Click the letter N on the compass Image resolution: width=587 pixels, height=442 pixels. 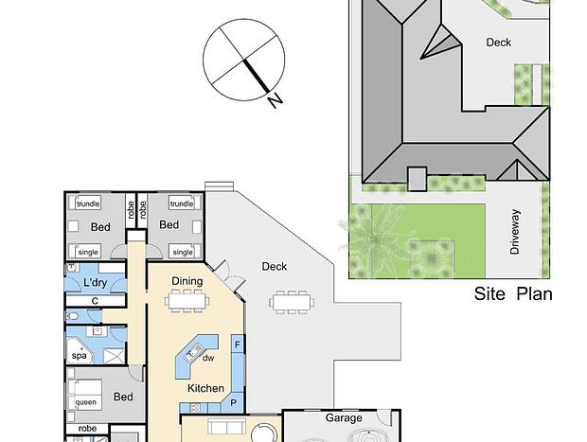pos(275,100)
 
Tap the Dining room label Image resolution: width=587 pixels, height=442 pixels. pos(187,281)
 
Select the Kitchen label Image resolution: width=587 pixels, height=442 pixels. pos(205,388)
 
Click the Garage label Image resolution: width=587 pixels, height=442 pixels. pos(344,417)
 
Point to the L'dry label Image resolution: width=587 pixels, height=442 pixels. pos(95,283)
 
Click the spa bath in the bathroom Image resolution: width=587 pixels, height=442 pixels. pos(80,351)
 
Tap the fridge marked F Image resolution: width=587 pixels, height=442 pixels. pos(238,345)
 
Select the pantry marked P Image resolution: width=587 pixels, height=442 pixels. pos(234,402)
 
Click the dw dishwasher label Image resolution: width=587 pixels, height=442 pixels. pos(208,358)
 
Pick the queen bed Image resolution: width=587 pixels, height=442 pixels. pos(84,395)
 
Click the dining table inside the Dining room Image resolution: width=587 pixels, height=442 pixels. pos(187,300)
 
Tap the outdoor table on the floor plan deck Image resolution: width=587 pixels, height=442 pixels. pos(292,302)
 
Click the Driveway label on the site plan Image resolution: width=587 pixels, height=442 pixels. pos(515,232)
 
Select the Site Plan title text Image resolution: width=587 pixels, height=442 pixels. pos(513,293)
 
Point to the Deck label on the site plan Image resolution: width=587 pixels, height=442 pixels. pos(498,43)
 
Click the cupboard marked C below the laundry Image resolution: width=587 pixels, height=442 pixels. pos(95,301)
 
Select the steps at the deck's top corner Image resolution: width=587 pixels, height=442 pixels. pos(220,186)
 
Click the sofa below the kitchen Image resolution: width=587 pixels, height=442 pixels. pos(227,427)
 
